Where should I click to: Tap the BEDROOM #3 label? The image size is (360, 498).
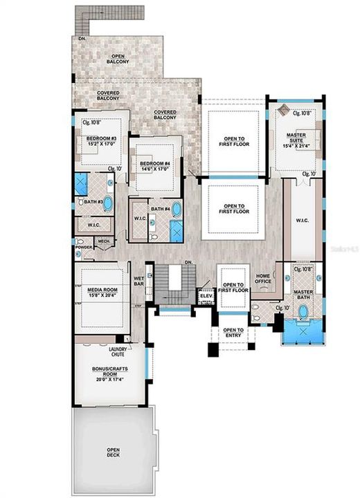tap(101, 138)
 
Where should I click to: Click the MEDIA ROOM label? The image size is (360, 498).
tap(102, 290)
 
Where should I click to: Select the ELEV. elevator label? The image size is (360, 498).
tap(206, 295)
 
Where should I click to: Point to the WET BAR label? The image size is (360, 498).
tap(138, 282)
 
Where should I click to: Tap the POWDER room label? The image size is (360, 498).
tap(84, 246)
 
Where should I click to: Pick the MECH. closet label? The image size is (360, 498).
tap(104, 241)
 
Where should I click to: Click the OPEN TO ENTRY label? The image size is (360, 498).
tap(233, 333)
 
